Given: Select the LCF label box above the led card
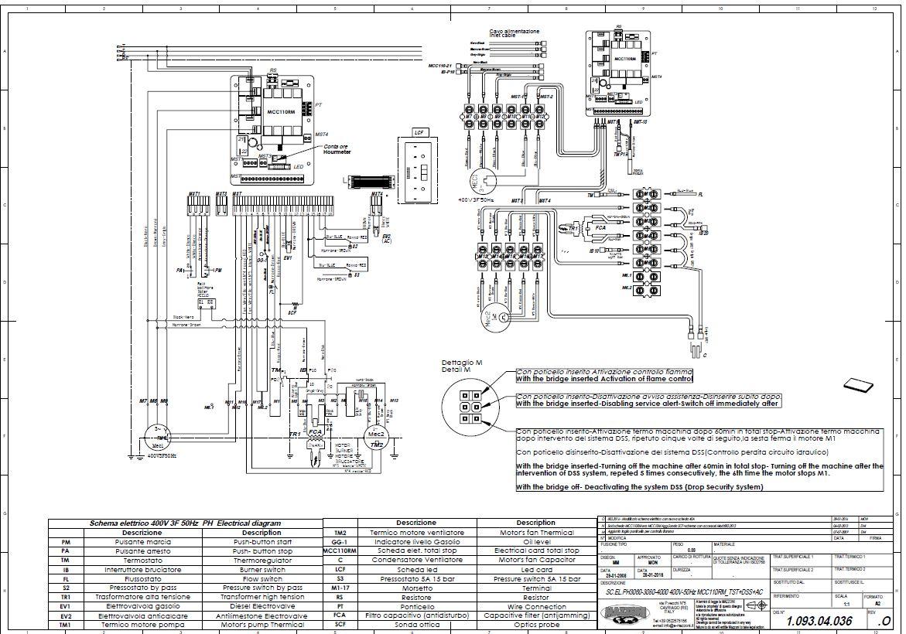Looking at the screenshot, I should click(x=419, y=132).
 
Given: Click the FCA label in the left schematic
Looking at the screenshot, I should click(x=315, y=432).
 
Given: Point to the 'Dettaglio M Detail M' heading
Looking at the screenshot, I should click(x=463, y=366).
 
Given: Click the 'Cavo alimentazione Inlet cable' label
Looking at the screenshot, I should click(x=514, y=33).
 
